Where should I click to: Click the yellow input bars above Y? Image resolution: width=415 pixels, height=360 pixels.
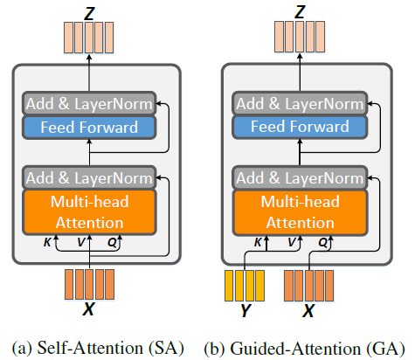(246, 287)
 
